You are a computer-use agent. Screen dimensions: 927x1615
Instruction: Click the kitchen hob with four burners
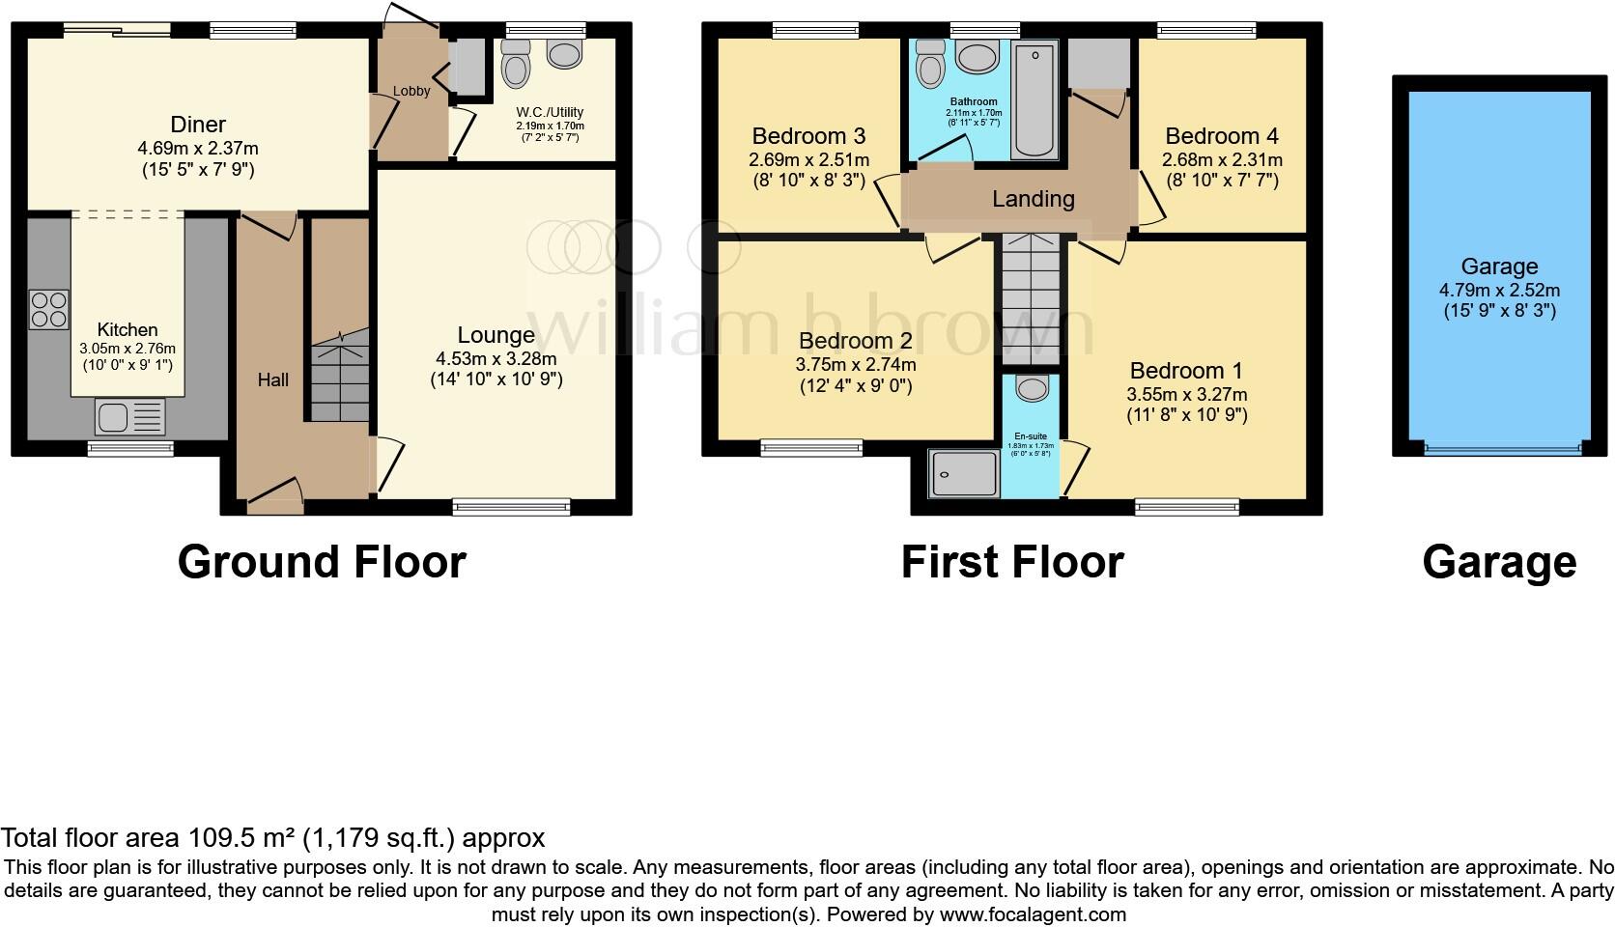click(49, 309)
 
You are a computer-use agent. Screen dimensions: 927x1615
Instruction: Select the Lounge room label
click(496, 335)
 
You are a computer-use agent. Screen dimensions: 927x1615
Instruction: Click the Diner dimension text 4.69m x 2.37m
click(198, 149)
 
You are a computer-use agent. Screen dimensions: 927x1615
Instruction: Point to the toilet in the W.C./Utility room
click(517, 68)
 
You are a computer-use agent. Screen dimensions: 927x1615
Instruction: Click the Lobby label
click(411, 91)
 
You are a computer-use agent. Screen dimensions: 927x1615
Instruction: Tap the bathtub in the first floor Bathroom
click(1034, 98)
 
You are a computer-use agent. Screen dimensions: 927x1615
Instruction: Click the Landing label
click(1033, 199)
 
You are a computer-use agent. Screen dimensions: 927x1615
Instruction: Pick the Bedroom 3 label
click(807, 135)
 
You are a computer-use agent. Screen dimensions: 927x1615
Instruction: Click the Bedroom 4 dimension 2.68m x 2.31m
click(1222, 159)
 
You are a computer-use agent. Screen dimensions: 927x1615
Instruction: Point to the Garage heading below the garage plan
click(1498, 562)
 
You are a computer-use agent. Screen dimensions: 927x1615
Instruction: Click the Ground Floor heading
click(322, 562)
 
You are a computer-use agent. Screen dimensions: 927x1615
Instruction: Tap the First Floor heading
click(1011, 562)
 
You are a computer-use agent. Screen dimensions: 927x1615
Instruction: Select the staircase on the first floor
click(1030, 299)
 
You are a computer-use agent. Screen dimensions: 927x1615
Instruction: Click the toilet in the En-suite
click(1033, 389)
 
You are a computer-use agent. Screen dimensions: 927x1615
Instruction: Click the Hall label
click(272, 380)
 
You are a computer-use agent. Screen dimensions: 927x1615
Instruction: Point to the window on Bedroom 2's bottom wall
click(810, 446)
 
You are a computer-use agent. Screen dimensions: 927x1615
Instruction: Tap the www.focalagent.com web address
click(1033, 913)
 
